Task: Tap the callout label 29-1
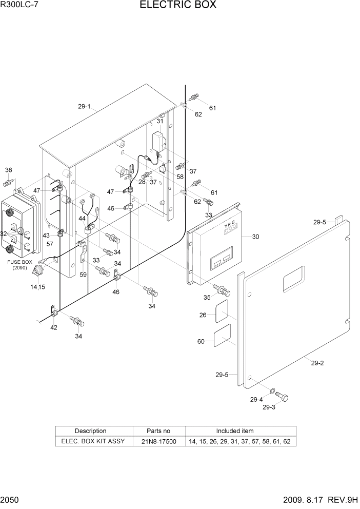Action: point(84,107)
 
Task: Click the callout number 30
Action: point(255,237)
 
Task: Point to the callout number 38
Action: point(9,170)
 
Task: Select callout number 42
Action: point(54,327)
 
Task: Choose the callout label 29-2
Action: point(317,363)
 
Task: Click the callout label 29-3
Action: point(269,407)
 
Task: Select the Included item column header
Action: point(234,431)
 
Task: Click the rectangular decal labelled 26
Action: point(221,312)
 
